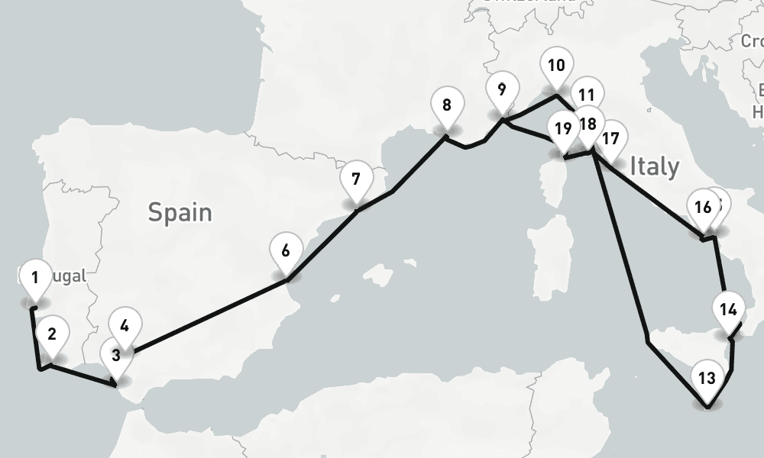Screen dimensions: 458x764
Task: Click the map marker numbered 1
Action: pos(34,277)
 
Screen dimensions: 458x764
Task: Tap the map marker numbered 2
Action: pos(52,334)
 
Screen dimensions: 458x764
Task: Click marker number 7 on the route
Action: pos(356,180)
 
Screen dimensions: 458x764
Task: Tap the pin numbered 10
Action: pos(556,66)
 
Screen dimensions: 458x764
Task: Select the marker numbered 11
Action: pos(587,95)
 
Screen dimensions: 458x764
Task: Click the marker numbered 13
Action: pos(707,377)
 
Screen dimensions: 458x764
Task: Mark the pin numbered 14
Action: pos(728,310)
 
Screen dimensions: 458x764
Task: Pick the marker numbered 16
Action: pos(704,207)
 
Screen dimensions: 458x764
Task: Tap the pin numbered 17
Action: pos(610,139)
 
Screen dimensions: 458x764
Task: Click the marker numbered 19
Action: pos(563,129)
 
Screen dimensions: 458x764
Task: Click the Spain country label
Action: pos(180,211)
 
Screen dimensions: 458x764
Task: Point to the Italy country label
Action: pos(655,166)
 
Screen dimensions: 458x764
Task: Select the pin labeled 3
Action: pos(115,355)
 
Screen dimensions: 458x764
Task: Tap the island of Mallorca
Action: pos(381,274)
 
